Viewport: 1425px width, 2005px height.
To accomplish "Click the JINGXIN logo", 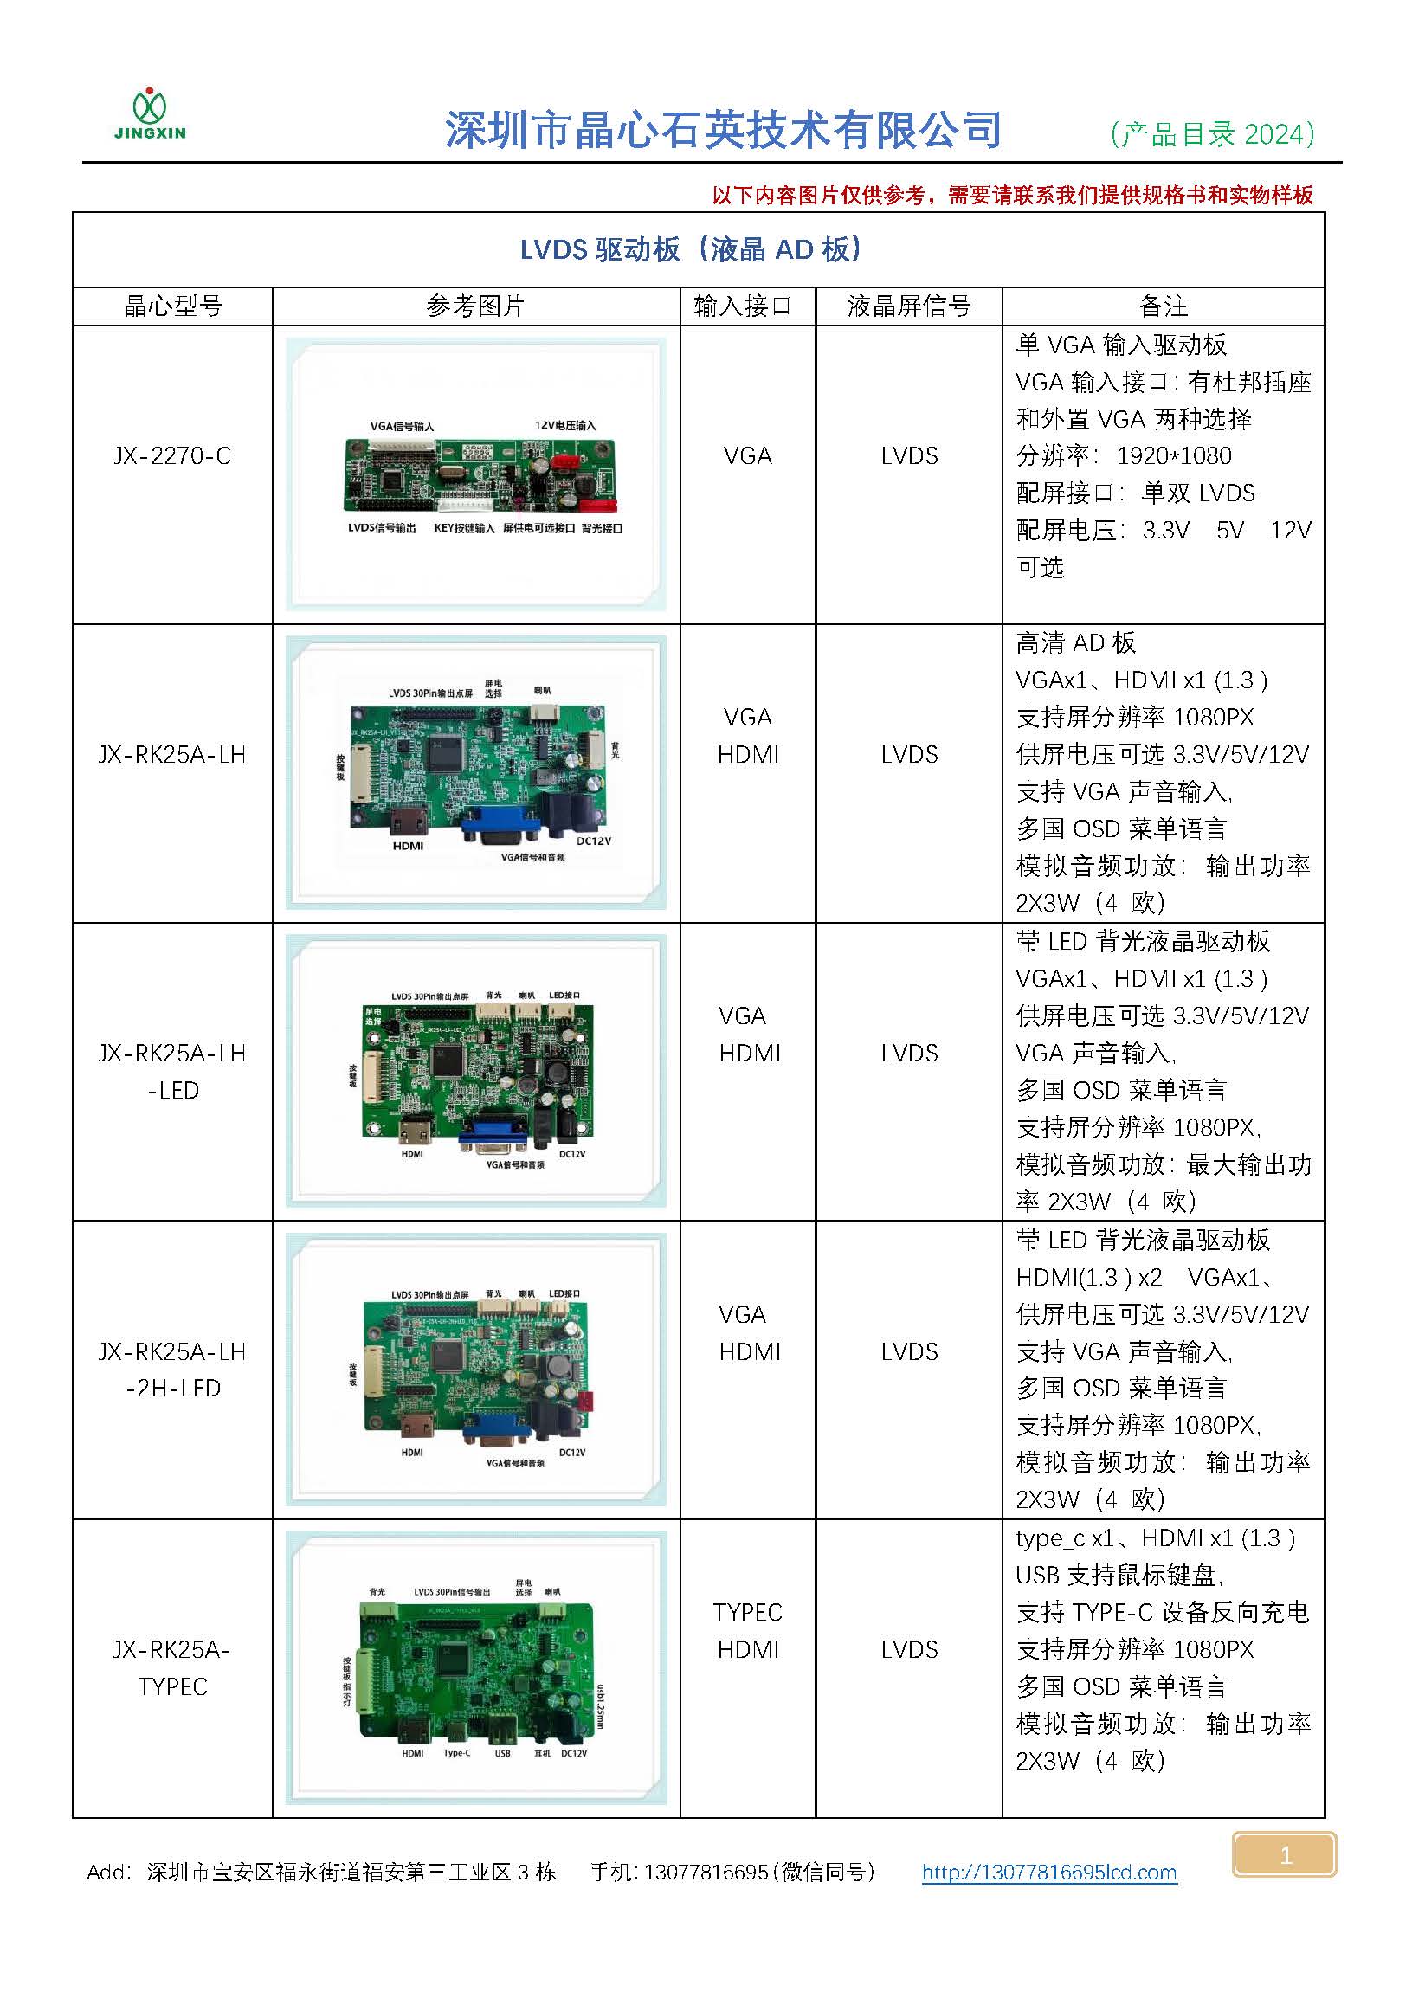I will click(x=150, y=115).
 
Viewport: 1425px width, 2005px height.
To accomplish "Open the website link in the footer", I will click(x=1048, y=1872).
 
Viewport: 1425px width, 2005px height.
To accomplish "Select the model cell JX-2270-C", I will click(x=172, y=456).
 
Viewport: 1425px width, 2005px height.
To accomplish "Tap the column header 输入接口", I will click(x=742, y=306).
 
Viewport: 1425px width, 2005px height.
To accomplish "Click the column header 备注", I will click(x=1163, y=306).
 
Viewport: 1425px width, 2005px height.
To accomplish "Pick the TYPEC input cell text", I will click(x=747, y=1612).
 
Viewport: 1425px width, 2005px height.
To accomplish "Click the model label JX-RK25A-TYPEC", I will click(x=172, y=1667).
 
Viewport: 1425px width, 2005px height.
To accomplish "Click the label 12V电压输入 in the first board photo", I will click(x=565, y=426).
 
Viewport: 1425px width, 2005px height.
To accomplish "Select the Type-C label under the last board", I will click(x=456, y=1753).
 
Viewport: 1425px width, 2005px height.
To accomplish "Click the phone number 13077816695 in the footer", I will click(x=706, y=1872).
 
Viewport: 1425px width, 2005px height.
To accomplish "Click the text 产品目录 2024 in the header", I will click(x=1212, y=134).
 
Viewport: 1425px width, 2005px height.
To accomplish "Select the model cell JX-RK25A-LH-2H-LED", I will click(x=172, y=1369).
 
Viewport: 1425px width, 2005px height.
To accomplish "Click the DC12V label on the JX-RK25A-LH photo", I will click(x=594, y=841).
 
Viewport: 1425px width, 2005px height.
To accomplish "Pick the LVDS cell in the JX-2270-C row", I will click(x=909, y=456).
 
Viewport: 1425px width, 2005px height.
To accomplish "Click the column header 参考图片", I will click(x=474, y=306).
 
